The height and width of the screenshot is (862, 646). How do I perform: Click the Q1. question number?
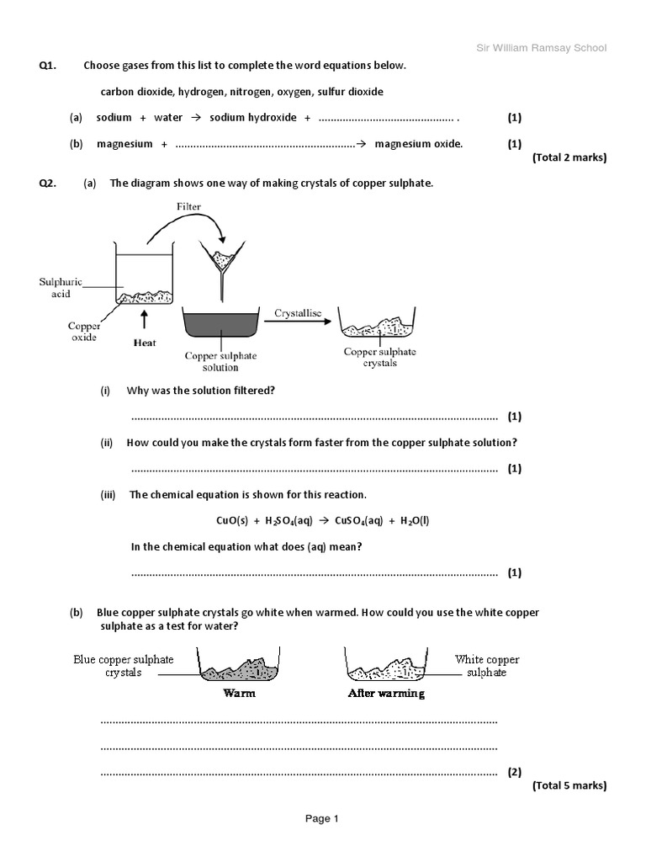48,66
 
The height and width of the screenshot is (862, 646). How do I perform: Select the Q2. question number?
48,184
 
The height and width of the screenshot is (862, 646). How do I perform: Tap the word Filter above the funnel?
189,207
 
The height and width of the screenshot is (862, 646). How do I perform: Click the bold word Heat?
145,343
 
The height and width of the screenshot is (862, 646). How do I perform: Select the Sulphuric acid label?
61,289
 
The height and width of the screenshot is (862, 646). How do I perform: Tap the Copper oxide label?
84,332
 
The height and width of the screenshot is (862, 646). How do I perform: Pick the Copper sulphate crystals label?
379,357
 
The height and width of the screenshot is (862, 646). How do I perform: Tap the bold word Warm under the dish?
239,694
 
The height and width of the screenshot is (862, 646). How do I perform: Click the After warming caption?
386,694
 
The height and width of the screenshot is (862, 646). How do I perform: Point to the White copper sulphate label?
487,666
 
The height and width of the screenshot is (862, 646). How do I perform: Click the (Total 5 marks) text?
569,785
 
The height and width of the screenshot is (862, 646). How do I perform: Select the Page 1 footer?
321,817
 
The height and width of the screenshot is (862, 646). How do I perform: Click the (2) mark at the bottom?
515,772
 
